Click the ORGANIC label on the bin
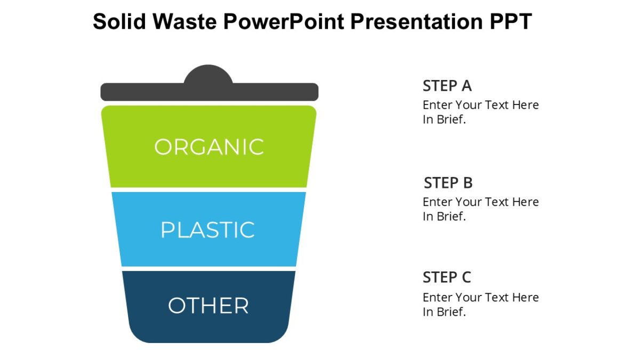coord(209,147)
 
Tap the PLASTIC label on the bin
coord(208,230)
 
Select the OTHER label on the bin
coord(208,306)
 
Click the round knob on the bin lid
coord(209,75)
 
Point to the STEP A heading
coord(447,86)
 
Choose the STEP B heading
coord(448,183)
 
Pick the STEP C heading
coord(447,277)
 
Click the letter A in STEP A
coord(466,86)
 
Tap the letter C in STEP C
coord(466,277)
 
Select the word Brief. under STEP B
coord(452,217)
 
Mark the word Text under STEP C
coord(497,298)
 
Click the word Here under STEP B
coord(525,202)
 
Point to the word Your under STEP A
coord(468,105)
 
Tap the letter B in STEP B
coord(467,183)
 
